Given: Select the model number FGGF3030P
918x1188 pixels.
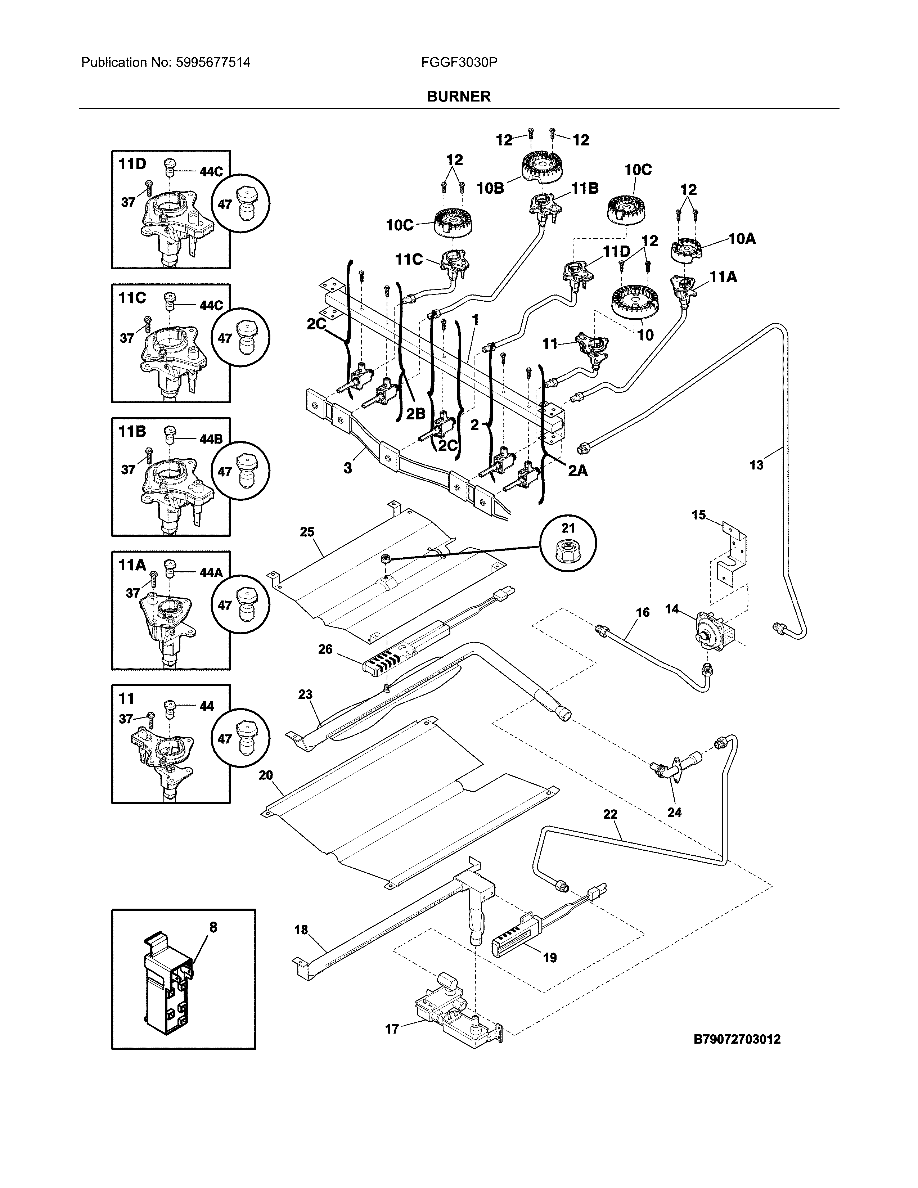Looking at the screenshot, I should coord(459,63).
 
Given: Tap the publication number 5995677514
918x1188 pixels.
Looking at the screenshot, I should coord(213,63).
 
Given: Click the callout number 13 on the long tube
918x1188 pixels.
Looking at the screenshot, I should coord(756,465).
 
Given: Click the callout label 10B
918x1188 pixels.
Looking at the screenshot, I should coord(491,188).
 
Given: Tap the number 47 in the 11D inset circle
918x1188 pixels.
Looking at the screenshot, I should coord(225,204).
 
